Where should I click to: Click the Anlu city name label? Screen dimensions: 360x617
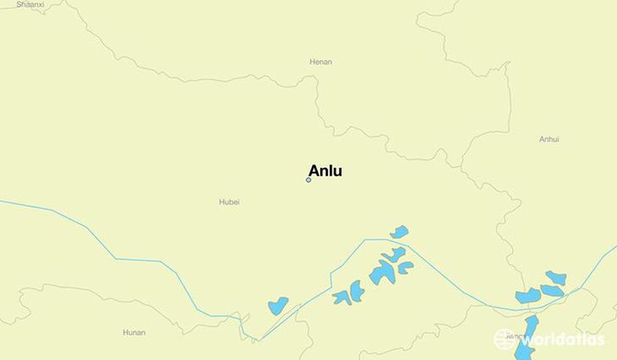tap(325, 171)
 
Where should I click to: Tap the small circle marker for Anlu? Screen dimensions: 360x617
tap(308, 180)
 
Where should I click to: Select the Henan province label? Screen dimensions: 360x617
tap(320, 62)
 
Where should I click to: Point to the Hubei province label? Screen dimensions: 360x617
tap(229, 202)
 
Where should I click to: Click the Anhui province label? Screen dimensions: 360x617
tap(549, 139)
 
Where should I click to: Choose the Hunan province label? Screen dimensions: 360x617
tap(134, 332)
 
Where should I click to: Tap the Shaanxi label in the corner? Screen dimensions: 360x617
tap(30, 4)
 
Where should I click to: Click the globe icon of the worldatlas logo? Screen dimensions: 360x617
tap(504, 339)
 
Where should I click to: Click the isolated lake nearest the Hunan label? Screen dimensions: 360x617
tap(278, 306)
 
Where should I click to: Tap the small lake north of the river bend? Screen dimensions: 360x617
tap(399, 232)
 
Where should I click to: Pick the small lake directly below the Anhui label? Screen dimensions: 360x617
tap(555, 276)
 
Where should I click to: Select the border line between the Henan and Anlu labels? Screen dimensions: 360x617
tap(317, 106)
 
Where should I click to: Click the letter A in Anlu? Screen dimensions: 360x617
tap(314, 171)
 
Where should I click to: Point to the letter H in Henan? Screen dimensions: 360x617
tap(312, 62)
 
